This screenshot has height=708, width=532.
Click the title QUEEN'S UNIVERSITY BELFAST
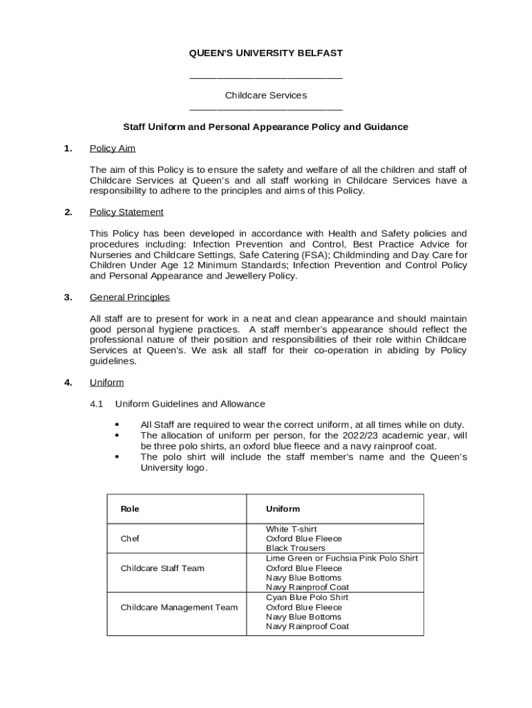click(x=266, y=53)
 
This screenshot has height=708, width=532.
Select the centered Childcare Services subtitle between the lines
click(x=266, y=95)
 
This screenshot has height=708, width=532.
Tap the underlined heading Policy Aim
click(x=113, y=148)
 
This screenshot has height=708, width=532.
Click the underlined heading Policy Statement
click(x=126, y=212)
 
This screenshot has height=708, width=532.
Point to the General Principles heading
click(x=130, y=297)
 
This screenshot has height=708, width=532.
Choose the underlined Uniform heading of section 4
click(x=107, y=382)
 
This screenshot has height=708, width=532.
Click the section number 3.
click(x=68, y=297)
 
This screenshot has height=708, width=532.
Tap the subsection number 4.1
click(x=96, y=404)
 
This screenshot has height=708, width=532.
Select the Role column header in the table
click(x=130, y=509)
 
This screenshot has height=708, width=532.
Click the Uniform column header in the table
click(x=283, y=509)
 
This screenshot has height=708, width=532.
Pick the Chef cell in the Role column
click(x=130, y=539)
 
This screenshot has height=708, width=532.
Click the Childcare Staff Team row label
click(x=162, y=568)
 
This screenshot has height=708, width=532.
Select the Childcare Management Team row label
click(x=179, y=607)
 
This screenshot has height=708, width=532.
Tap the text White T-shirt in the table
click(x=292, y=529)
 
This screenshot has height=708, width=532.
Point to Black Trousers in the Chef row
click(x=296, y=548)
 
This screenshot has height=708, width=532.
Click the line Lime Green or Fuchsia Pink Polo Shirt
click(x=342, y=558)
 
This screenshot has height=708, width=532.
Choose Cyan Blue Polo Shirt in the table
click(x=307, y=597)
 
